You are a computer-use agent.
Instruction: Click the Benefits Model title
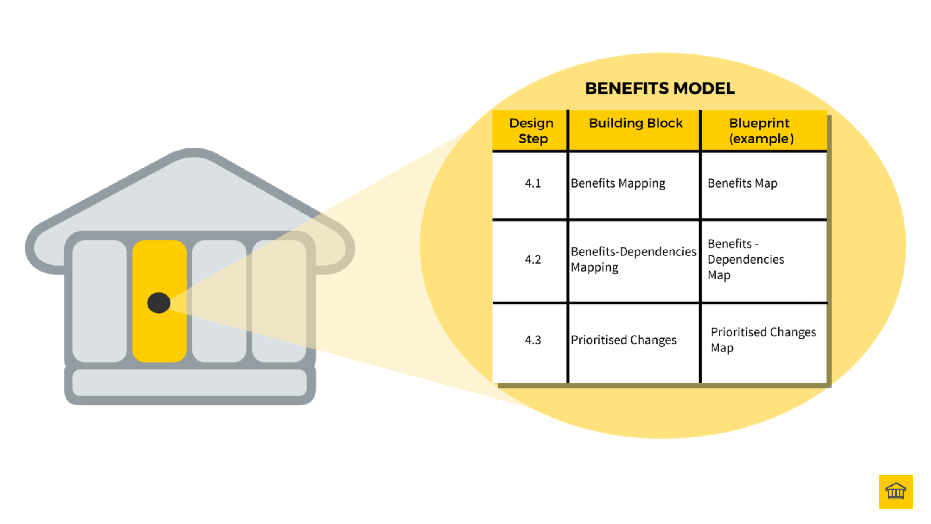click(660, 89)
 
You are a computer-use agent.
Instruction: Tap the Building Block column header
click(635, 124)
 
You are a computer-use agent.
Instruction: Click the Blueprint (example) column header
click(761, 131)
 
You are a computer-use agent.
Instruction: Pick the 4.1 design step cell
click(532, 183)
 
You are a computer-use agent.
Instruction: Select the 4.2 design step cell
click(532, 260)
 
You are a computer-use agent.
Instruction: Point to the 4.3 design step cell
click(532, 340)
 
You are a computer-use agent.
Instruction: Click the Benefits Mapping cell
click(618, 183)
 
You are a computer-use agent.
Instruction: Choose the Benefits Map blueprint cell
click(742, 183)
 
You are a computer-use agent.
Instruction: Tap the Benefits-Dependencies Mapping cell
click(633, 260)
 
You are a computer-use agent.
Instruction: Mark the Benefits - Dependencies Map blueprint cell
click(745, 260)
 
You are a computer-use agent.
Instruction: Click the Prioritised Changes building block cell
click(623, 340)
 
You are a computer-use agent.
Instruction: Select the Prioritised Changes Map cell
click(763, 340)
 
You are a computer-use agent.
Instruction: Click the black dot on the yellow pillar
click(159, 303)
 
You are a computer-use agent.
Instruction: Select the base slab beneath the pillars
click(190, 383)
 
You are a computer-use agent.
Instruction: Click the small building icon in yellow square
click(895, 491)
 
